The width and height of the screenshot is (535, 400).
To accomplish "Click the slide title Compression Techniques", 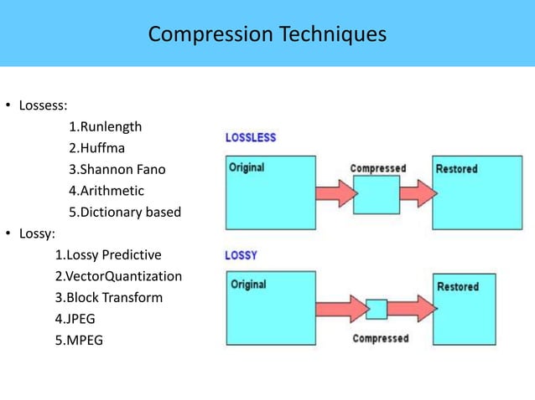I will pyautogui.click(x=267, y=34).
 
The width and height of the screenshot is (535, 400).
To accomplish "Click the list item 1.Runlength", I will pyautogui.click(x=105, y=127).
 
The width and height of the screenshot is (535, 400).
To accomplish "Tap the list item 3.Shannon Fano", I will pyautogui.click(x=117, y=169).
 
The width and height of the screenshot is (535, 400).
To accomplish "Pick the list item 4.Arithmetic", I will pyautogui.click(x=106, y=191).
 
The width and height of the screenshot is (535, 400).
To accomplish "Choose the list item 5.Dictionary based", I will pyautogui.click(x=124, y=212).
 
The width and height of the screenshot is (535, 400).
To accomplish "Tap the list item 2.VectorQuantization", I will pyautogui.click(x=118, y=276).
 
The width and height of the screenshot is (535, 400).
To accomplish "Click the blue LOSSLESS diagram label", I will pyautogui.click(x=250, y=137).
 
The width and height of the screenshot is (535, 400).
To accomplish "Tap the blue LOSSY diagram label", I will pyautogui.click(x=241, y=255).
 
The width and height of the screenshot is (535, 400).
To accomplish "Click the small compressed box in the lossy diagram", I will pyautogui.click(x=377, y=309).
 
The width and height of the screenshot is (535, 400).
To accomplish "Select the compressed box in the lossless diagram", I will pyautogui.click(x=377, y=194).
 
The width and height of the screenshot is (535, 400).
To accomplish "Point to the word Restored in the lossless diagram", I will pyautogui.click(x=457, y=169).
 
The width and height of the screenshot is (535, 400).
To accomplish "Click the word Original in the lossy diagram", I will pyautogui.click(x=248, y=285).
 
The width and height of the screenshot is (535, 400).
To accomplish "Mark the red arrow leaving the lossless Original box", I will pyautogui.click(x=330, y=193).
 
